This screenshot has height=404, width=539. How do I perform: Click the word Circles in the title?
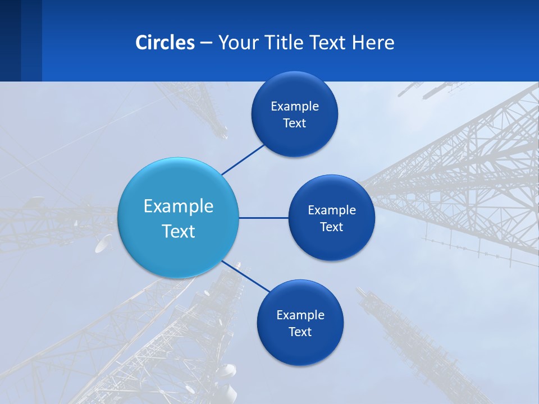[x=165, y=43]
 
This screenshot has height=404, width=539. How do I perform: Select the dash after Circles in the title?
[x=206, y=43]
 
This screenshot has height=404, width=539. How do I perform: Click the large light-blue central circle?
[x=178, y=185]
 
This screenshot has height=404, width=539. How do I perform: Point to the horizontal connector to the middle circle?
[x=263, y=218]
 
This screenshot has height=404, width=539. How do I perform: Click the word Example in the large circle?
[x=179, y=206]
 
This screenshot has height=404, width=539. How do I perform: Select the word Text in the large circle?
[x=179, y=231]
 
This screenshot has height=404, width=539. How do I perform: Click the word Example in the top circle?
[x=295, y=107]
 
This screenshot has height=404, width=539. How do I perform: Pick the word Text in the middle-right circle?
[x=332, y=227]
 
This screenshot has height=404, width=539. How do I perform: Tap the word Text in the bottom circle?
[x=300, y=332]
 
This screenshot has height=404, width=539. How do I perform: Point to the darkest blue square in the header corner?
[x=10, y=40]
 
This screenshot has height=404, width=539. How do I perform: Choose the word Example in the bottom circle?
[x=300, y=315]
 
